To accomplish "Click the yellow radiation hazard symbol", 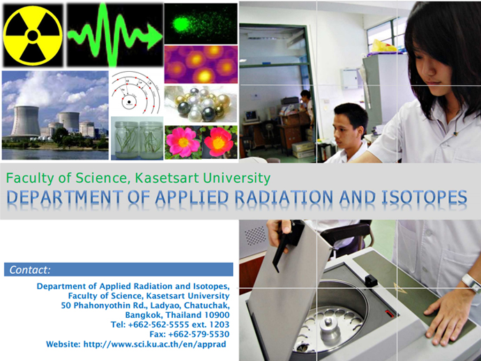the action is coord(33,36).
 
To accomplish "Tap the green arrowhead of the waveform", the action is coord(154,37).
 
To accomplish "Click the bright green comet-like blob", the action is coord(181,24).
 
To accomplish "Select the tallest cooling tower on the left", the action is coord(25,121).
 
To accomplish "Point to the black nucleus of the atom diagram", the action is coord(129,102).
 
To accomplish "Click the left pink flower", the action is coord(183,142).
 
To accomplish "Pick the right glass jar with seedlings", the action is coord(151,140).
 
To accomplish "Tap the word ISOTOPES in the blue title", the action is coord(425,197).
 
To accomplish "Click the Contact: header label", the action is coord(30,270).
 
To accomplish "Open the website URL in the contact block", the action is coord(155,344).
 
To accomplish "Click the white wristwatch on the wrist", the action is coord(471,283).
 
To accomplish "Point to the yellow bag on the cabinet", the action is coord(383,46).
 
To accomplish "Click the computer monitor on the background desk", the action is coord(251,116).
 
